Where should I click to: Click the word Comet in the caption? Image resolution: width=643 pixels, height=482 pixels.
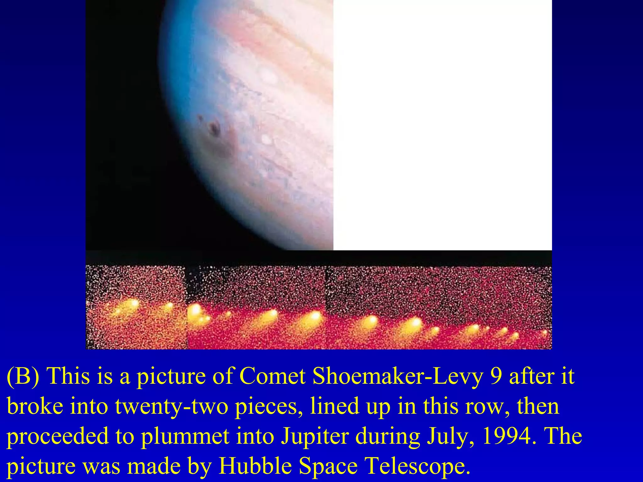click(x=272, y=376)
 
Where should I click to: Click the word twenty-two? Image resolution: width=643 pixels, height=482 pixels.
click(x=171, y=406)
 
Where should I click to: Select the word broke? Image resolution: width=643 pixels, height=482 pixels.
click(x=35, y=406)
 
